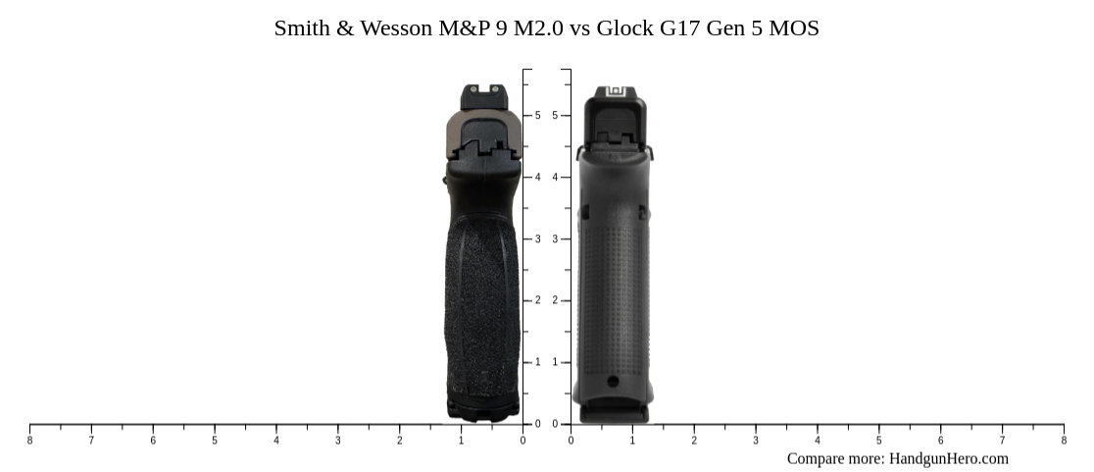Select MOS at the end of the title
click(794, 28)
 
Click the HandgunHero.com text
click(948, 458)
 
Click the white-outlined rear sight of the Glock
click(616, 92)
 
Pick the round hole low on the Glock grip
click(613, 382)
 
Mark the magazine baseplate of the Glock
click(614, 413)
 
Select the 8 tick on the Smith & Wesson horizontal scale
click(29, 441)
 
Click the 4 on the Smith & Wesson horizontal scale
click(276, 441)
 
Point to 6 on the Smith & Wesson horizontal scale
click(153, 441)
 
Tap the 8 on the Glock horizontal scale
click(1064, 441)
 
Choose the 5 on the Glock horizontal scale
click(878, 441)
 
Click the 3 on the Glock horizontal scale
click(756, 441)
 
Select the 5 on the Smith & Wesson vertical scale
click(537, 116)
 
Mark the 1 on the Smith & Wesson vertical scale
click(537, 362)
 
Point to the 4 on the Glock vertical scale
click(555, 178)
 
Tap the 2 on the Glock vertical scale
click(555, 300)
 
